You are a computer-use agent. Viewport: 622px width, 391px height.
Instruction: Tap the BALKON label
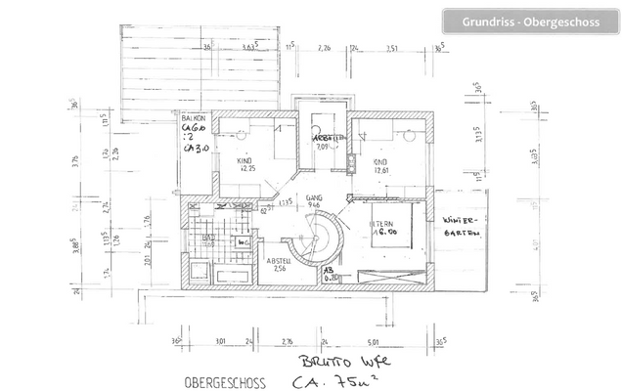coord(193,117)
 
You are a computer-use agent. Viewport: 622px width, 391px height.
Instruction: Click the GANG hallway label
coord(312,197)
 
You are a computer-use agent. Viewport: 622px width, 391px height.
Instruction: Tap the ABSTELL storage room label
coord(281,261)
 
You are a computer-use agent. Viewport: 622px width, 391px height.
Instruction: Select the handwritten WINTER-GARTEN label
coord(459,225)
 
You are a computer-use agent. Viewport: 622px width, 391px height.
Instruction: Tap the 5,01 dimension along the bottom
coord(374,342)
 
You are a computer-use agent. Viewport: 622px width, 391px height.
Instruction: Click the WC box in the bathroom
coord(243,241)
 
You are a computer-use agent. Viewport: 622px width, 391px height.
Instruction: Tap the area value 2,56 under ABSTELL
coord(281,272)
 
